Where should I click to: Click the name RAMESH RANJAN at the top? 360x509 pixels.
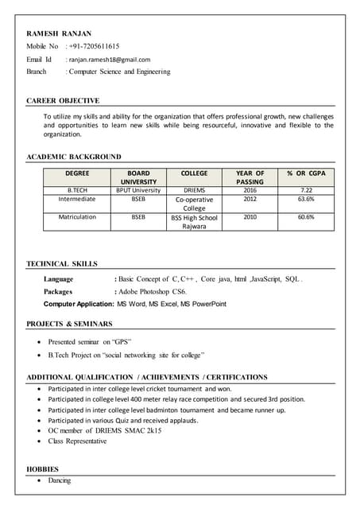click(59, 33)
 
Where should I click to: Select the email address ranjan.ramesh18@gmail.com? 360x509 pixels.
click(110, 59)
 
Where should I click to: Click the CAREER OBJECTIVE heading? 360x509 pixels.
click(63, 101)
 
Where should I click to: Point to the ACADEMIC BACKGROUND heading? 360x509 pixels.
click(74, 157)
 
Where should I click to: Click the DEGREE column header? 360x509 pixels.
click(77, 173)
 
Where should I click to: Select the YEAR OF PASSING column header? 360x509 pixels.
click(250, 177)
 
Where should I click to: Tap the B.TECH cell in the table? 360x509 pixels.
click(77, 191)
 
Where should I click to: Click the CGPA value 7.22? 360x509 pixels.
click(306, 191)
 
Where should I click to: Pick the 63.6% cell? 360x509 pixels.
click(306, 200)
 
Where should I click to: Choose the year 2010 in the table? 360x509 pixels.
click(250, 216)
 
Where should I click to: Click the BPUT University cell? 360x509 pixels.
click(138, 191)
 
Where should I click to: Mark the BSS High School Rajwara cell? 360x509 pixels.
click(194, 221)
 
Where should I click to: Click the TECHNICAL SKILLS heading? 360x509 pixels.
click(62, 263)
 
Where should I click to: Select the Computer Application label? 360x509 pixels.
click(79, 304)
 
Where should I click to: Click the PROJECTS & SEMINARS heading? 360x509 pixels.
click(69, 324)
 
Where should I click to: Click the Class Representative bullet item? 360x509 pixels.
click(77, 441)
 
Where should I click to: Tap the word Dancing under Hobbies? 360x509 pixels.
click(60, 480)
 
